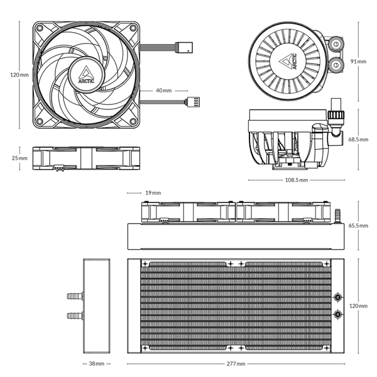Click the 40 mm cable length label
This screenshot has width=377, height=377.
pos(163,90)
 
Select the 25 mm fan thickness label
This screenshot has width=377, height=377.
pos(19,159)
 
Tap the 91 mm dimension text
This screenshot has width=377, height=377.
pos(359,62)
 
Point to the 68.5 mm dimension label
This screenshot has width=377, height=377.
pos(358,139)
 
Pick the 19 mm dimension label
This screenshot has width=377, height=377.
pos(152,193)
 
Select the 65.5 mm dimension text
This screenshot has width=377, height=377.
pos(358,225)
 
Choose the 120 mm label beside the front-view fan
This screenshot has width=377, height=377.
pos(19,75)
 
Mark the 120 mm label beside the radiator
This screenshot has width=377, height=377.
pos(358,305)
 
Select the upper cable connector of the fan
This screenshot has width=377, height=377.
pos(186,48)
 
